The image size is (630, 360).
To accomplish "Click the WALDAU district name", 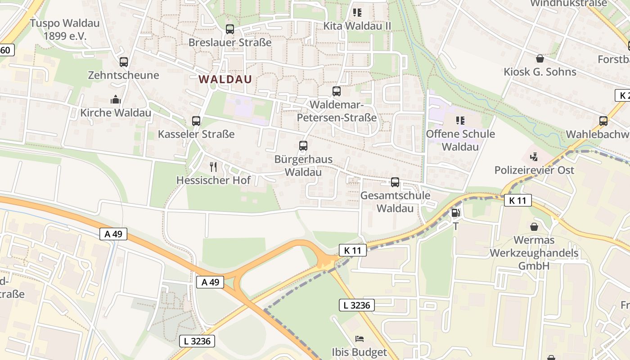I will pos(225,79).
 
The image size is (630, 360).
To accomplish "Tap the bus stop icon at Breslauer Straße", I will pos(230,29).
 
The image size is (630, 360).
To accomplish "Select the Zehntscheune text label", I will pos(123,75).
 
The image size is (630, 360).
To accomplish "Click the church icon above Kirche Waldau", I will pos(116,99).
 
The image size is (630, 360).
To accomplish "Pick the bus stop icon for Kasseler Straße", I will pos(196,121).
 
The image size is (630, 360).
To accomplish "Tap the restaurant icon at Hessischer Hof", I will pos(213,167).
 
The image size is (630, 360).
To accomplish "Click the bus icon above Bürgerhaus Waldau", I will pos(303,145).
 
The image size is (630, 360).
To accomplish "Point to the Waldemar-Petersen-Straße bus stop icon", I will pos(337,91).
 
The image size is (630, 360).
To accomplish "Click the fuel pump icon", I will pos(455,213).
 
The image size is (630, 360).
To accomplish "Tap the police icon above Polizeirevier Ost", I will pos(534,157).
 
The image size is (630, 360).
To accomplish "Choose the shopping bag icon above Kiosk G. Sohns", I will pos(540,58).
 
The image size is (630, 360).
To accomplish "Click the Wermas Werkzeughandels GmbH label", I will pos(534,253).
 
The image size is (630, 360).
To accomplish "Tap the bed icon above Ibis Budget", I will pos(359,338).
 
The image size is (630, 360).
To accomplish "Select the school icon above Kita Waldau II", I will pos(357,13).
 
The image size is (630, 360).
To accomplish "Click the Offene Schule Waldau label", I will pos(460,140).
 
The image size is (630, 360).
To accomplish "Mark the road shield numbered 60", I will pos(6,50).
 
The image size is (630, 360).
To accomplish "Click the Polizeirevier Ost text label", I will pos(534,170).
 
